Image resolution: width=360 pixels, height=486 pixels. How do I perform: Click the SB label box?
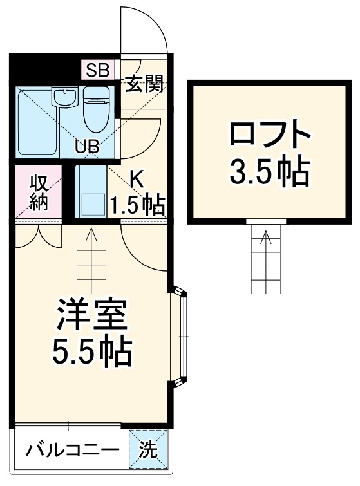(x=97, y=70)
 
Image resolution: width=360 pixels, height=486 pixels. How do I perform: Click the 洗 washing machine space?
(x=149, y=450)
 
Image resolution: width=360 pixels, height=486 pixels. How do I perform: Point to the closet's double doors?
(x=38, y=234)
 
